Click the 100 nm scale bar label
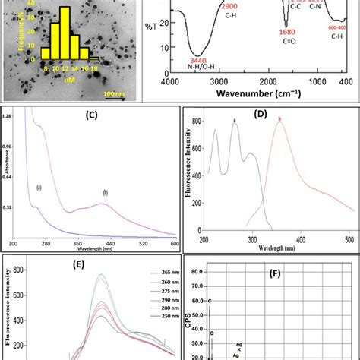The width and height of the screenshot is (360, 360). click(115, 93)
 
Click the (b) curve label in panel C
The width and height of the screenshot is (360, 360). click(105, 194)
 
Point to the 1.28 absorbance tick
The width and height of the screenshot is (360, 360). click(8, 115)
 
